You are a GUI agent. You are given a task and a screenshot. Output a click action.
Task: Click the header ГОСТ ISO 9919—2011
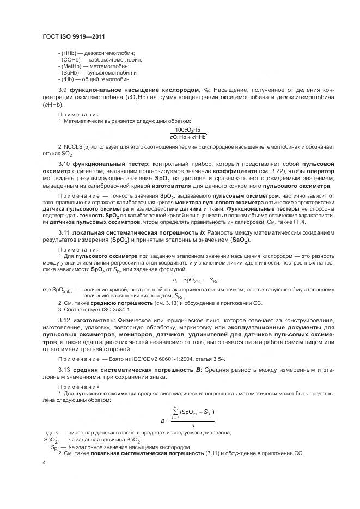pos(74,36)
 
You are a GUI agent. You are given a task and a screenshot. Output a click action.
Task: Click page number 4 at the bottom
pos(44,462)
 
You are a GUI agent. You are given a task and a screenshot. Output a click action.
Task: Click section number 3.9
pos(63,89)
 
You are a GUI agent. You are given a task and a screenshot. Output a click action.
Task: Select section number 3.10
pos(64,164)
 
